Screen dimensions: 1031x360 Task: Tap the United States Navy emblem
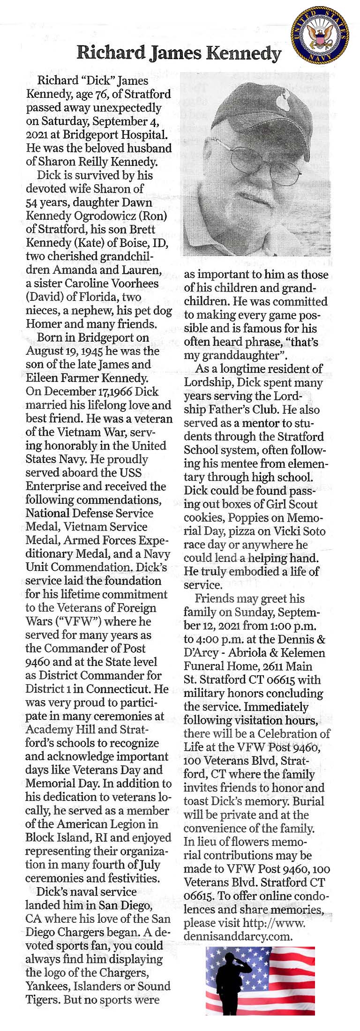tap(320, 35)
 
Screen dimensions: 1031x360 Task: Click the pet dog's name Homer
tap(43, 324)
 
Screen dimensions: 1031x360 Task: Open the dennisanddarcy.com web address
tap(238, 937)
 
